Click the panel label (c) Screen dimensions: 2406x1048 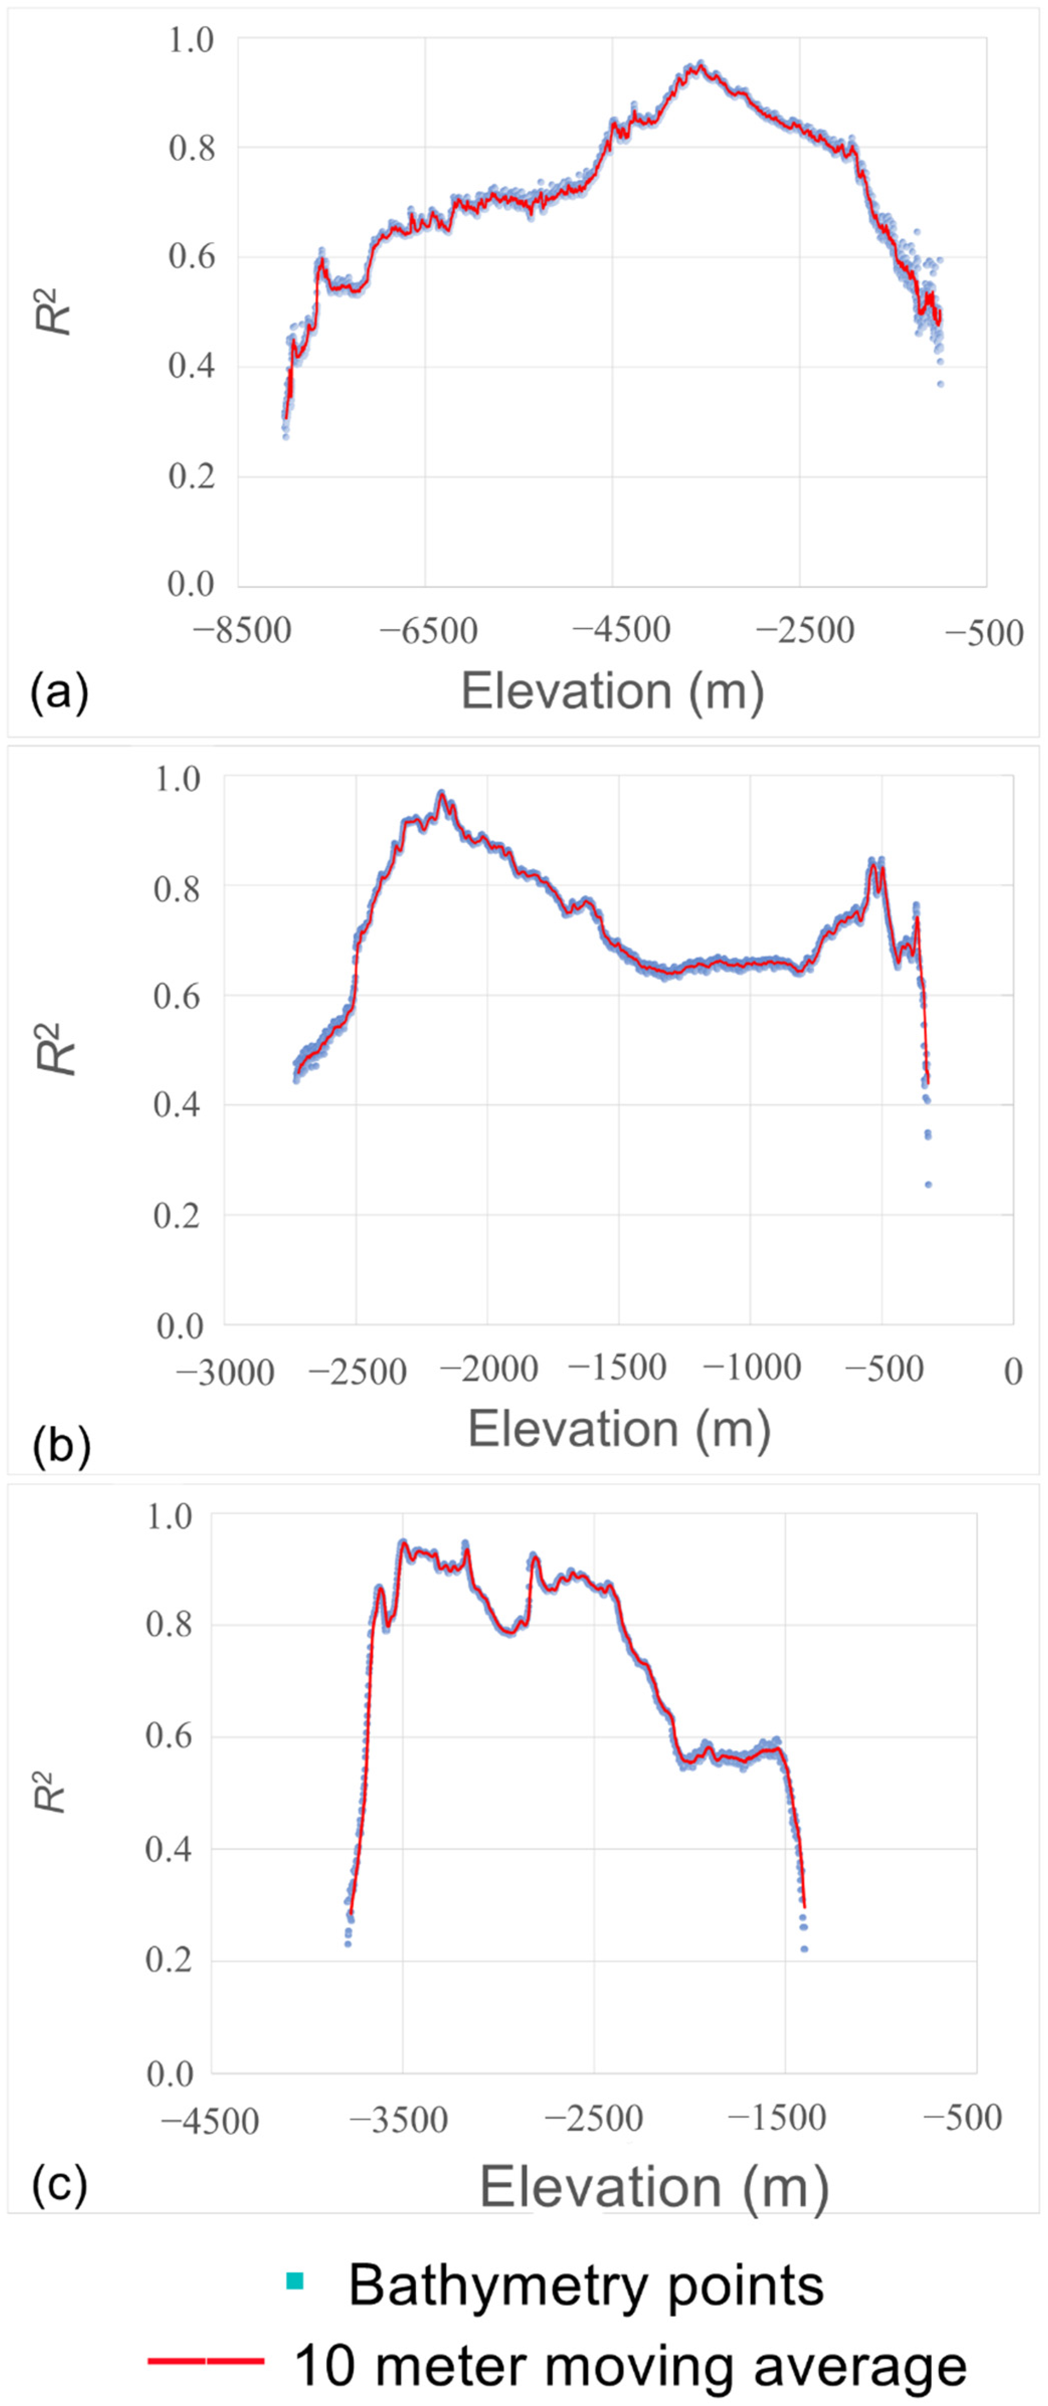59,2184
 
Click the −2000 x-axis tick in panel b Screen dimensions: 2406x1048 489,1369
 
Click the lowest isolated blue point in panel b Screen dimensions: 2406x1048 927,1184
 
